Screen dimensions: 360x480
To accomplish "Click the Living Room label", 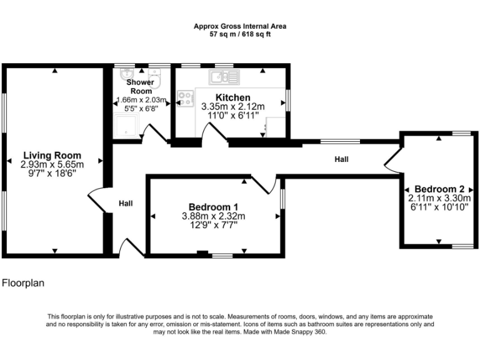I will click(x=52, y=155).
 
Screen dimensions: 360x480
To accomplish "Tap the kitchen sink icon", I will click(x=224, y=77).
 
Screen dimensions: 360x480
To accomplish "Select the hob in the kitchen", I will click(x=185, y=98).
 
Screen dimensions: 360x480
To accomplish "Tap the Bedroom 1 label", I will click(x=213, y=207).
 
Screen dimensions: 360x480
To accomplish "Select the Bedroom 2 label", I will click(x=439, y=189).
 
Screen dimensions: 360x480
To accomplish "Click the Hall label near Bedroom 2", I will click(x=341, y=160).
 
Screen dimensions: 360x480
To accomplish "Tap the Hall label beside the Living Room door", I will click(x=126, y=203).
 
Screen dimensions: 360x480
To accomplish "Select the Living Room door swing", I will click(x=97, y=200).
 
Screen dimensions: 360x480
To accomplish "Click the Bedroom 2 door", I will click(x=392, y=160).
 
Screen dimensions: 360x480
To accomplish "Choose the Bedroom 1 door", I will click(x=264, y=184).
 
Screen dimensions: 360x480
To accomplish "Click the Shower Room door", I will click(x=155, y=133).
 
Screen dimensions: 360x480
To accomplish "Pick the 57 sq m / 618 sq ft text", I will click(x=240, y=34).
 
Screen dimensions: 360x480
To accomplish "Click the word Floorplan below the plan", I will click(x=23, y=283).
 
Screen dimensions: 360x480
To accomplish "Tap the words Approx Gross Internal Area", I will click(x=240, y=26).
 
